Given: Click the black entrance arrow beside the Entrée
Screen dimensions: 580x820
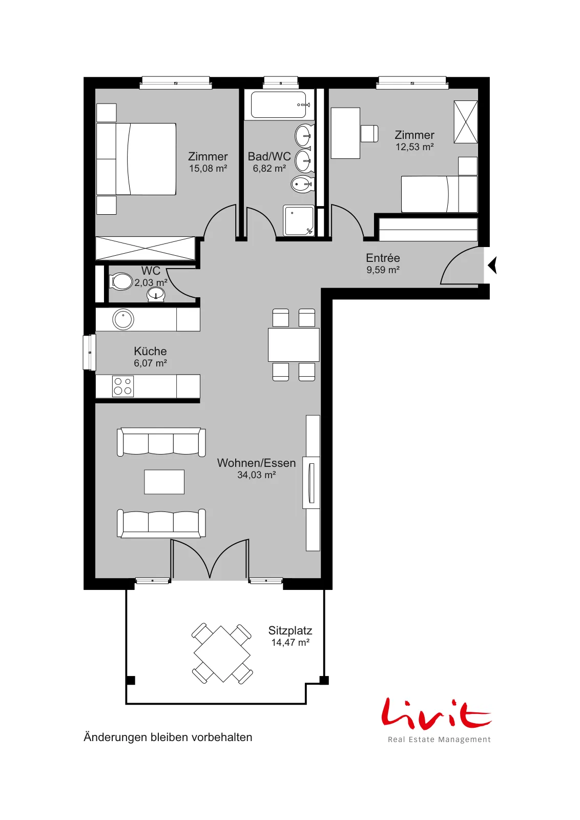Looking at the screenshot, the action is tap(492, 265).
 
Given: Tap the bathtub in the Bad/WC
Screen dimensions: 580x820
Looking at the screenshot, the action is tap(279, 105).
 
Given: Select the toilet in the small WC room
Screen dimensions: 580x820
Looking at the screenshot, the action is tap(121, 282).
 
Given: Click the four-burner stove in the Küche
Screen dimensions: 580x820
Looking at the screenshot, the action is tap(123, 386).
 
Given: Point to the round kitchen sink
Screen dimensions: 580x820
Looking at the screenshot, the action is tap(123, 320).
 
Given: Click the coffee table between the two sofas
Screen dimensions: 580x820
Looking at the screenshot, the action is tap(164, 482).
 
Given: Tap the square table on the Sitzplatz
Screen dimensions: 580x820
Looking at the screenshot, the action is tap(222, 653).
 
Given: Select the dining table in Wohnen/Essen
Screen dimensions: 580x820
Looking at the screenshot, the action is tap(294, 345).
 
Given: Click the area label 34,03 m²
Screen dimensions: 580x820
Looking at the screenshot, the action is tap(257, 475).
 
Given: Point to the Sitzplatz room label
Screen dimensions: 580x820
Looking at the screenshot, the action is tap(290, 630).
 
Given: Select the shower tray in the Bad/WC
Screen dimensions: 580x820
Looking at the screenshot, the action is tap(299, 220).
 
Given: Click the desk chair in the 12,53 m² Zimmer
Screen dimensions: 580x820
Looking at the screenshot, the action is tap(369, 134).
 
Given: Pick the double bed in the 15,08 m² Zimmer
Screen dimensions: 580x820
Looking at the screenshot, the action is tap(136, 159).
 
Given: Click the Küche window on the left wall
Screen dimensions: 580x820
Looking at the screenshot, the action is tap(89, 352).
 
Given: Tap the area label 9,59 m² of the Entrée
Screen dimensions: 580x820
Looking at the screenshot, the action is tap(383, 270).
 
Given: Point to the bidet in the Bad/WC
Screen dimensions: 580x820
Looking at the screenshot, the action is tap(303, 184).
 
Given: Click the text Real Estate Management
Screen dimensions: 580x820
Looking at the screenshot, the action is tap(439, 740).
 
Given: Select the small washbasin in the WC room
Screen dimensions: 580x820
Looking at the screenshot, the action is tap(156, 295).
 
